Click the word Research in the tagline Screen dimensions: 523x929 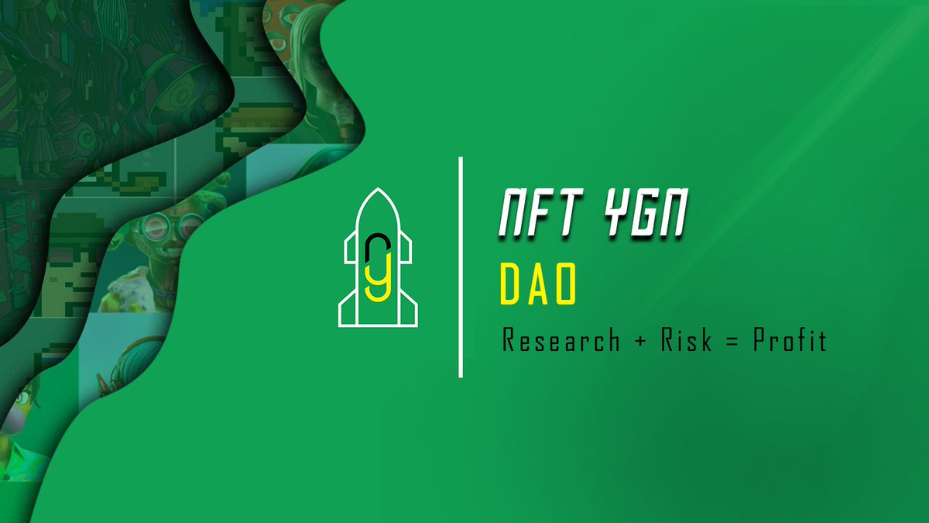coord(561,340)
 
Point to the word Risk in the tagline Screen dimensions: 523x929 coord(686,340)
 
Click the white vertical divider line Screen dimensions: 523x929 coord(461,267)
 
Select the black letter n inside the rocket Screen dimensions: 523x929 coord(377,246)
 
